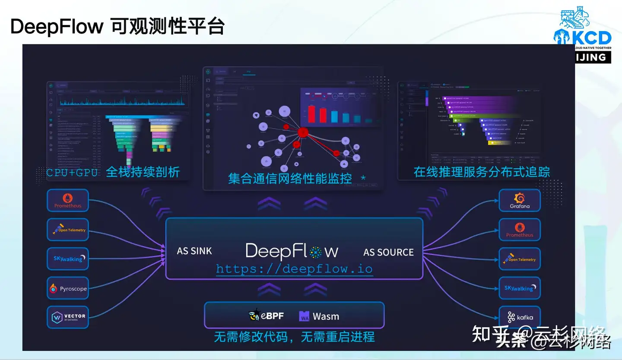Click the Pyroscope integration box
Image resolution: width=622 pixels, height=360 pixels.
click(x=68, y=288)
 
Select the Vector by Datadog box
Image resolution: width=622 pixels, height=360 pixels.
click(x=68, y=317)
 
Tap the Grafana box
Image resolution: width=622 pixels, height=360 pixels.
click(x=520, y=200)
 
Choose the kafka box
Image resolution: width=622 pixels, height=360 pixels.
click(x=520, y=317)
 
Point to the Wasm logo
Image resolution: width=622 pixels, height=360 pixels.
click(x=305, y=316)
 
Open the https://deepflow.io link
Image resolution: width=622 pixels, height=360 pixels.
click(x=294, y=269)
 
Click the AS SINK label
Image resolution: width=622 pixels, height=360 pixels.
click(x=194, y=251)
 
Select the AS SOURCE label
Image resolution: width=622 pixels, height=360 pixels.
click(x=388, y=252)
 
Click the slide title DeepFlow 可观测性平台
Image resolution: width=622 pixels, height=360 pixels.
click(x=117, y=27)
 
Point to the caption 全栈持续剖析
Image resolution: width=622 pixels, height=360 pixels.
click(x=143, y=172)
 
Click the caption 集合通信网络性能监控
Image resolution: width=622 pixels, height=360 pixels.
click(x=290, y=178)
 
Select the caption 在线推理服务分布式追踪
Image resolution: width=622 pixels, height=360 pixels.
click(x=482, y=172)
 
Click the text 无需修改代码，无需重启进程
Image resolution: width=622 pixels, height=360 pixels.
click(x=294, y=337)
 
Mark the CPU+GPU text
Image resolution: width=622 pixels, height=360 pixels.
click(x=72, y=173)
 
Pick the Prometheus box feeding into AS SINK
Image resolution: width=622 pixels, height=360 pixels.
click(x=68, y=201)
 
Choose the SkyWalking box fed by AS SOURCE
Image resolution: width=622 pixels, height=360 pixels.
click(x=520, y=288)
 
